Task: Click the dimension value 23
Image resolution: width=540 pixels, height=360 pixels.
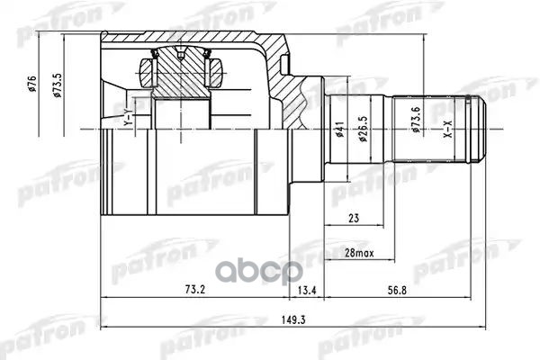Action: point(353,216)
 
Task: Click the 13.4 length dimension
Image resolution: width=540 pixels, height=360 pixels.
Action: point(307,290)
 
